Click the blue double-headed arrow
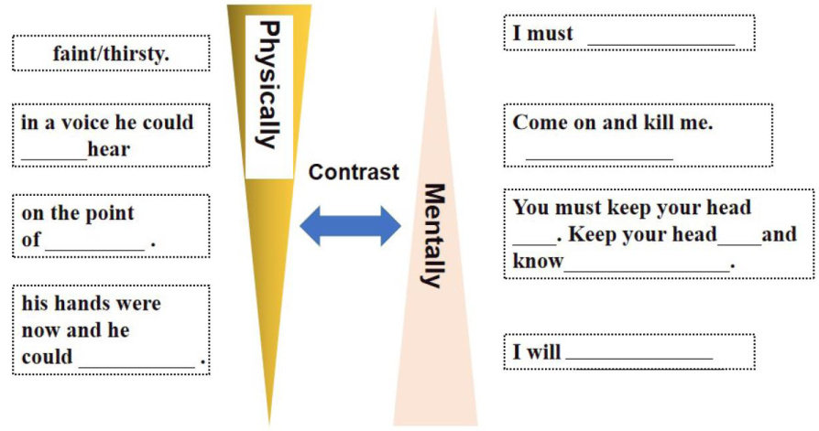[352, 225]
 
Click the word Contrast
[354, 172]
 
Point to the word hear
[108, 148]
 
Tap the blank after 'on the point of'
[95, 244]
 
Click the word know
[537, 263]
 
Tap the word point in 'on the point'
[109, 214]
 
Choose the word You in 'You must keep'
[530, 208]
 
